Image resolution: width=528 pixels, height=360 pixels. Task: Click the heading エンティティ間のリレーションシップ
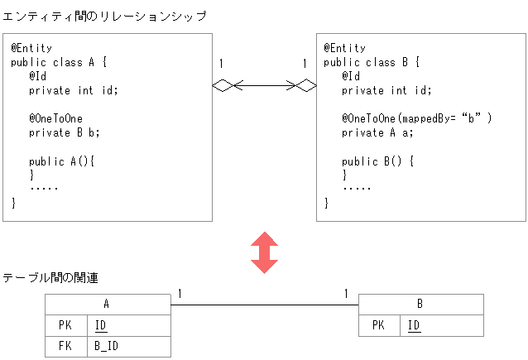point(104,16)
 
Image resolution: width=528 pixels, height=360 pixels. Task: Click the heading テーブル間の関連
point(50,278)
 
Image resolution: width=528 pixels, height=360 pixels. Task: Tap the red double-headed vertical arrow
point(264,252)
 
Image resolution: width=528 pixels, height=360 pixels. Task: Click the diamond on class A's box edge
point(223,84)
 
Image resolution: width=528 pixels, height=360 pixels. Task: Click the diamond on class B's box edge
point(306,84)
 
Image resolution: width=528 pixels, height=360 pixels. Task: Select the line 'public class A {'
point(60,61)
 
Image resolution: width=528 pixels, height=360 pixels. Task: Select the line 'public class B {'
point(372,62)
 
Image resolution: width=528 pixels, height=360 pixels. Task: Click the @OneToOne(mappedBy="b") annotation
point(417,118)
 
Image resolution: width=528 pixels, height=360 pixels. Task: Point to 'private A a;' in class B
point(377,132)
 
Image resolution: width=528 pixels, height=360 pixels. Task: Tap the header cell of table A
point(108,305)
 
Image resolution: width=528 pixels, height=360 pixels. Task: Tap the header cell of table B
point(420,305)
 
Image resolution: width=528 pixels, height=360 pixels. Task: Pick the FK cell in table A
point(66,346)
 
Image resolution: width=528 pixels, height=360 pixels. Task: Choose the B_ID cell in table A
point(128,346)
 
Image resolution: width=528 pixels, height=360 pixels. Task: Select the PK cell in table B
point(379,325)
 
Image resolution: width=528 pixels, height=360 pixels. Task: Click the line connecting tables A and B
point(264,305)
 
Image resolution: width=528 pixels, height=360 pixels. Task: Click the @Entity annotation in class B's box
point(344,48)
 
